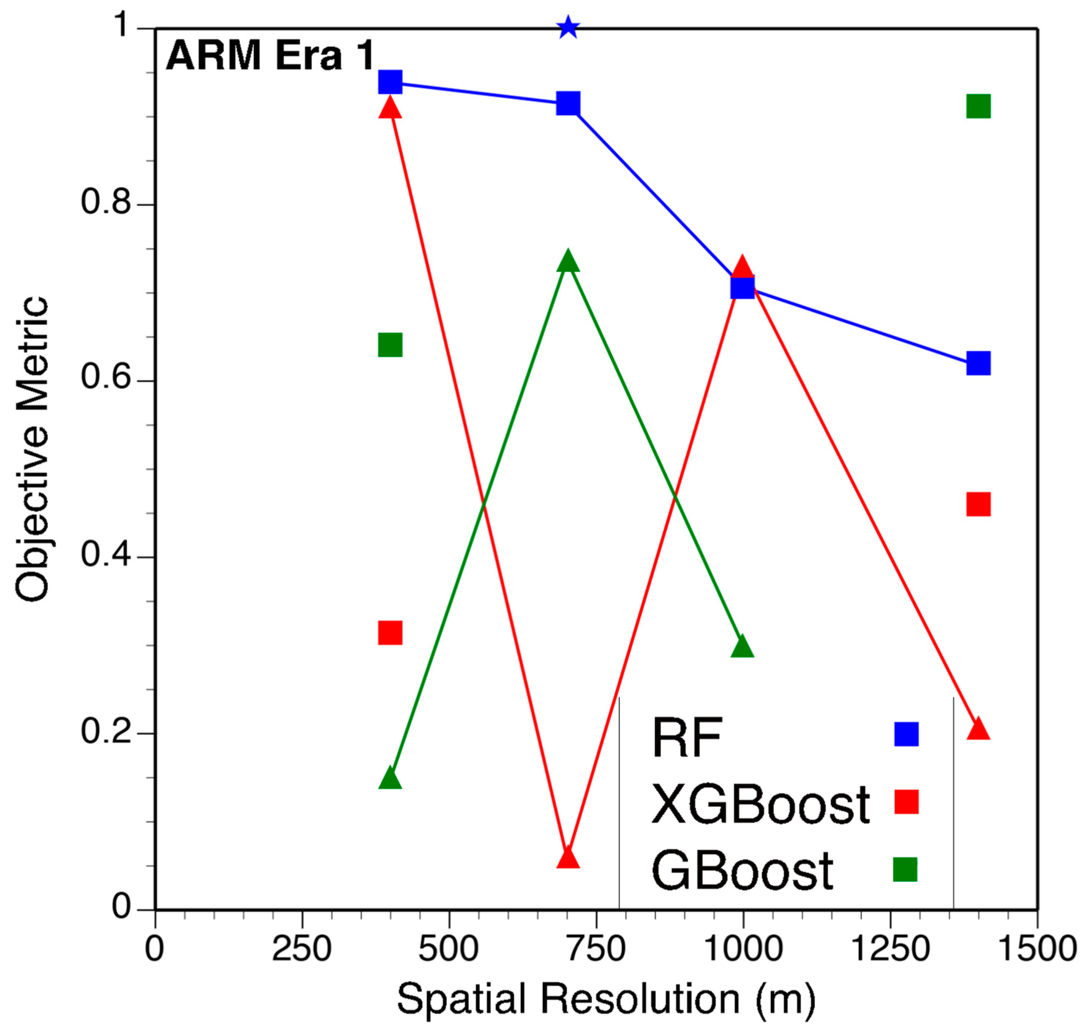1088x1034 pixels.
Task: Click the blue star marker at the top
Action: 568,28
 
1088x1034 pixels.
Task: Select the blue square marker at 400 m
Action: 390,82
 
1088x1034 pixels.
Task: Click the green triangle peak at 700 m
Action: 568,261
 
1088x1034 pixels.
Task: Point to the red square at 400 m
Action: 390,633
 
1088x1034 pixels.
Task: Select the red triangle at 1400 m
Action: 978,729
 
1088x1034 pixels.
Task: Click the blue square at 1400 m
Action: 978,363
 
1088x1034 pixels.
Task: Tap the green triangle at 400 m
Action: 390,778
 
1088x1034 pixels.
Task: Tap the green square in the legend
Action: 905,869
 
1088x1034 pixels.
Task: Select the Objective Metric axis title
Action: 32,449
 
